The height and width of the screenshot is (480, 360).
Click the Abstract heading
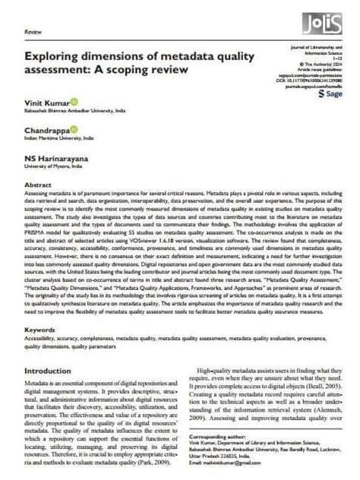[x=38, y=185]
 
